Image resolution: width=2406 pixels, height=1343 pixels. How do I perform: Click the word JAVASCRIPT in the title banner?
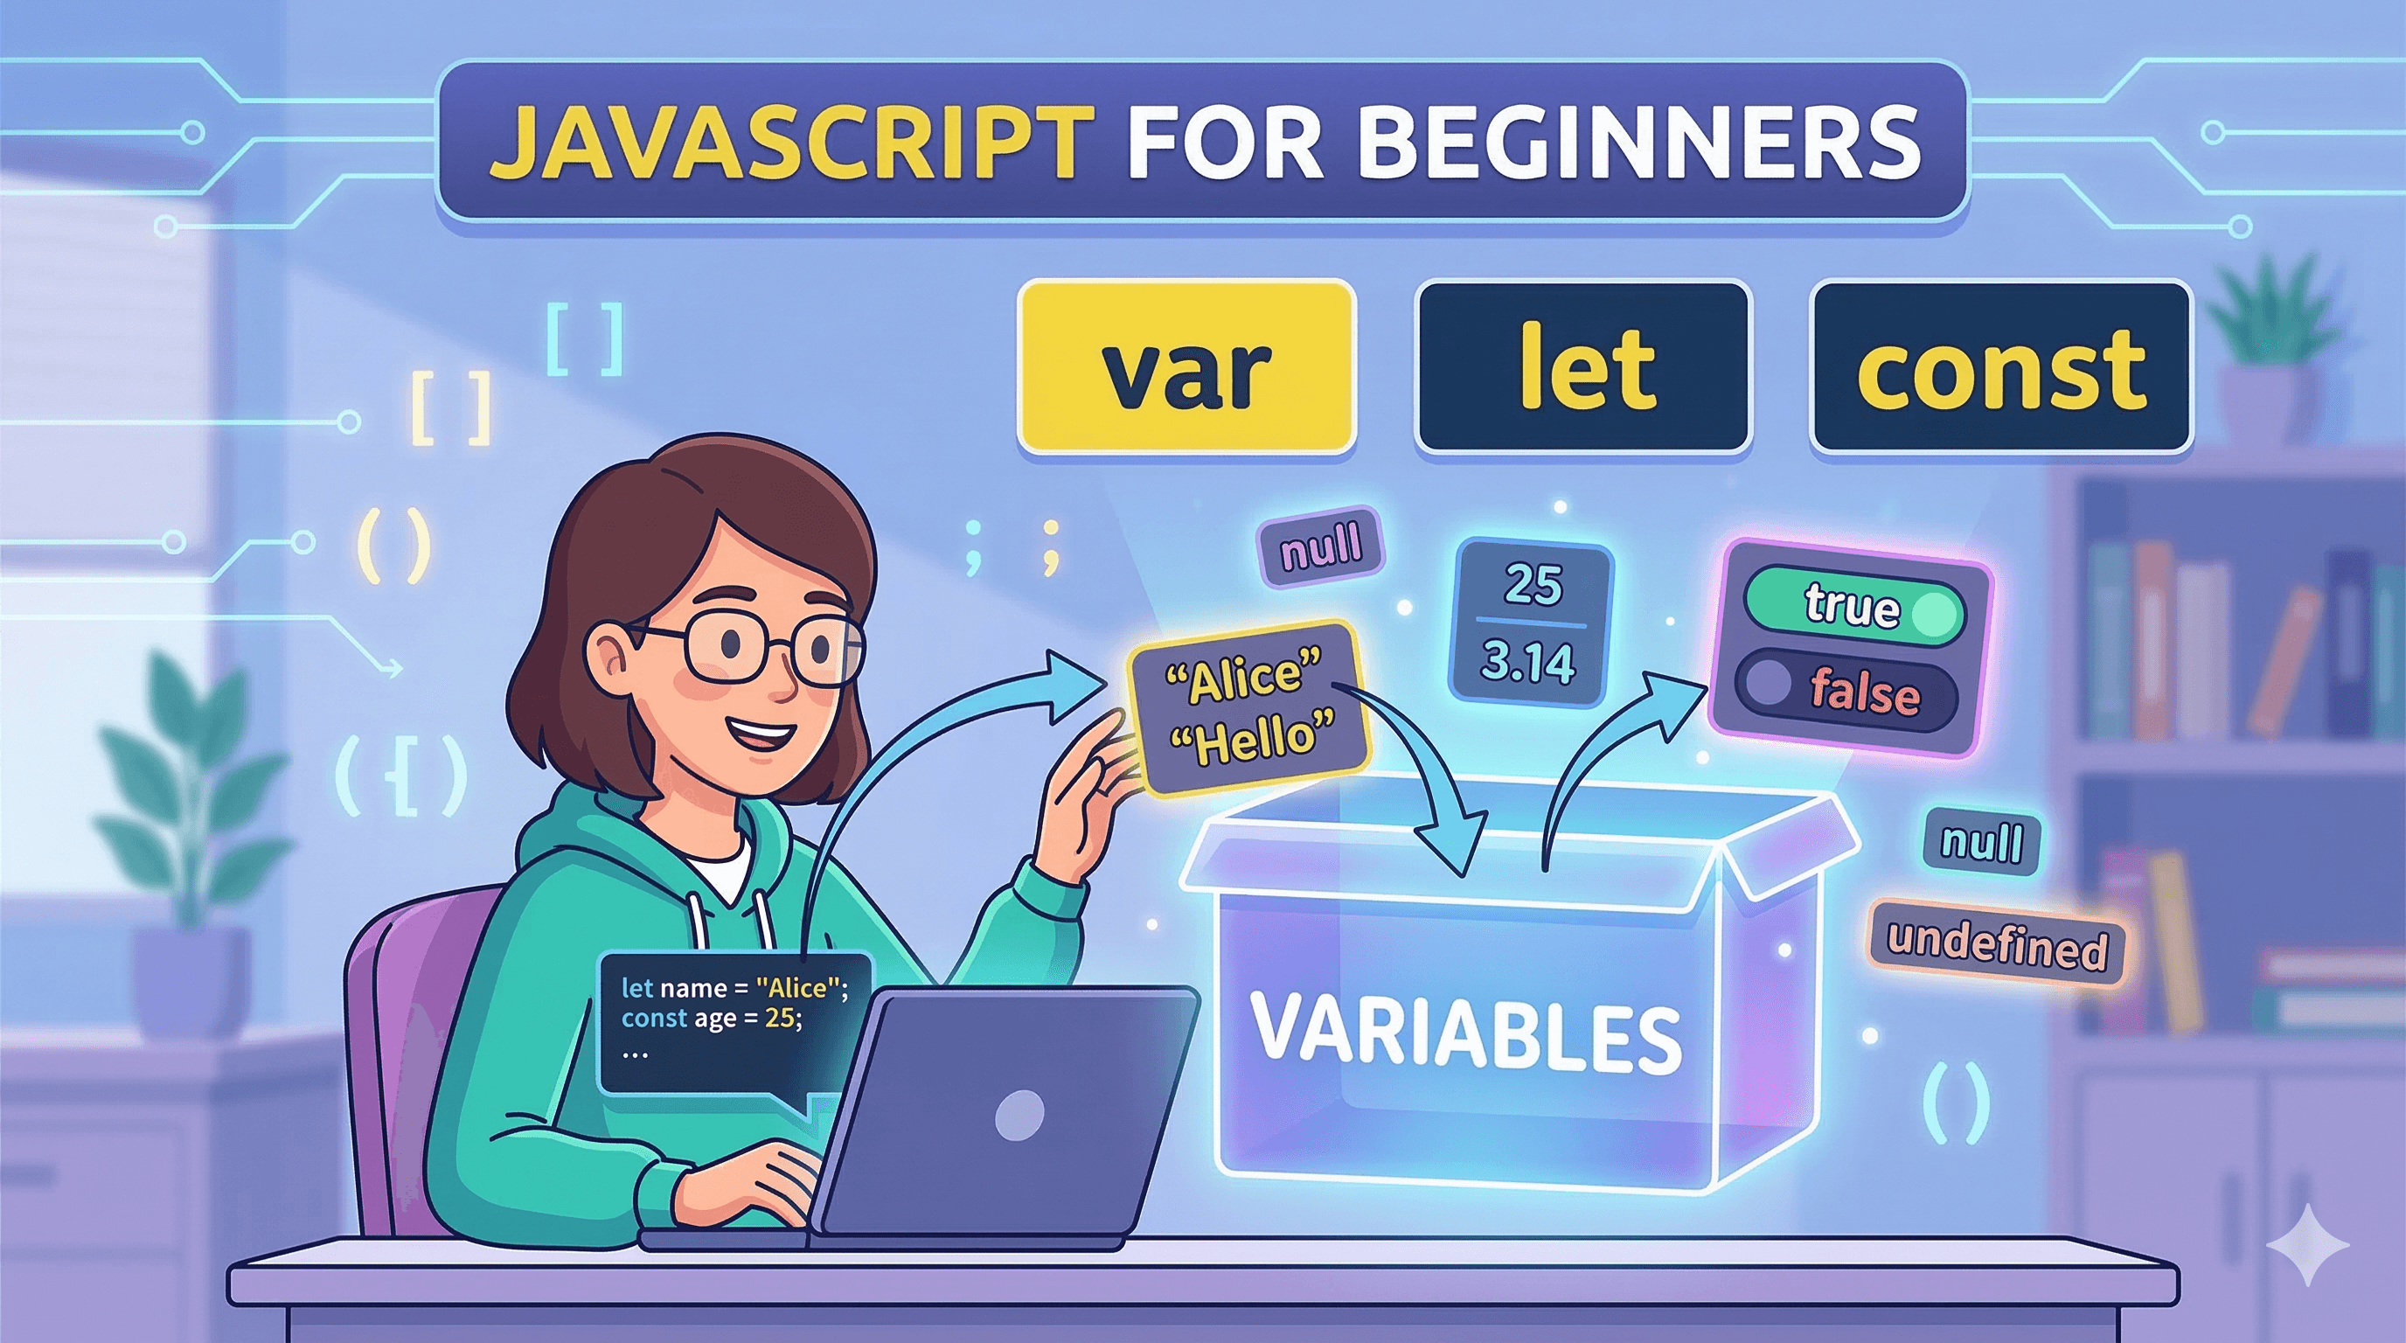point(792,142)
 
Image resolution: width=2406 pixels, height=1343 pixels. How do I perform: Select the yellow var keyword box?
point(1186,368)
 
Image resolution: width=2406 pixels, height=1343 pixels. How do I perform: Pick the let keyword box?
point(1584,368)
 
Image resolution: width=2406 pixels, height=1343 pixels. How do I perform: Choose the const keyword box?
point(1999,368)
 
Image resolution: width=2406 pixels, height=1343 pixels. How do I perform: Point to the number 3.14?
point(1528,662)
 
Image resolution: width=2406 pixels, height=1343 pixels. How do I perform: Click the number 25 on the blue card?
point(1532,586)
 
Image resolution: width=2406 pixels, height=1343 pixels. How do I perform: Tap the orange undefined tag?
point(1997,947)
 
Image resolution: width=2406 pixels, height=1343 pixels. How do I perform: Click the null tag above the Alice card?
point(1321,547)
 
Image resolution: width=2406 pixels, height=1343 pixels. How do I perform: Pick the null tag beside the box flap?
point(1981,841)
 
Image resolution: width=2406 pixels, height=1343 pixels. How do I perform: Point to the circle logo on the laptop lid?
point(1019,1115)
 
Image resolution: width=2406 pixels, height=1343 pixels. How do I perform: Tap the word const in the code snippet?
point(654,1018)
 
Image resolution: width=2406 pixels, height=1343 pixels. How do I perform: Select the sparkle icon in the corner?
point(2306,1245)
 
